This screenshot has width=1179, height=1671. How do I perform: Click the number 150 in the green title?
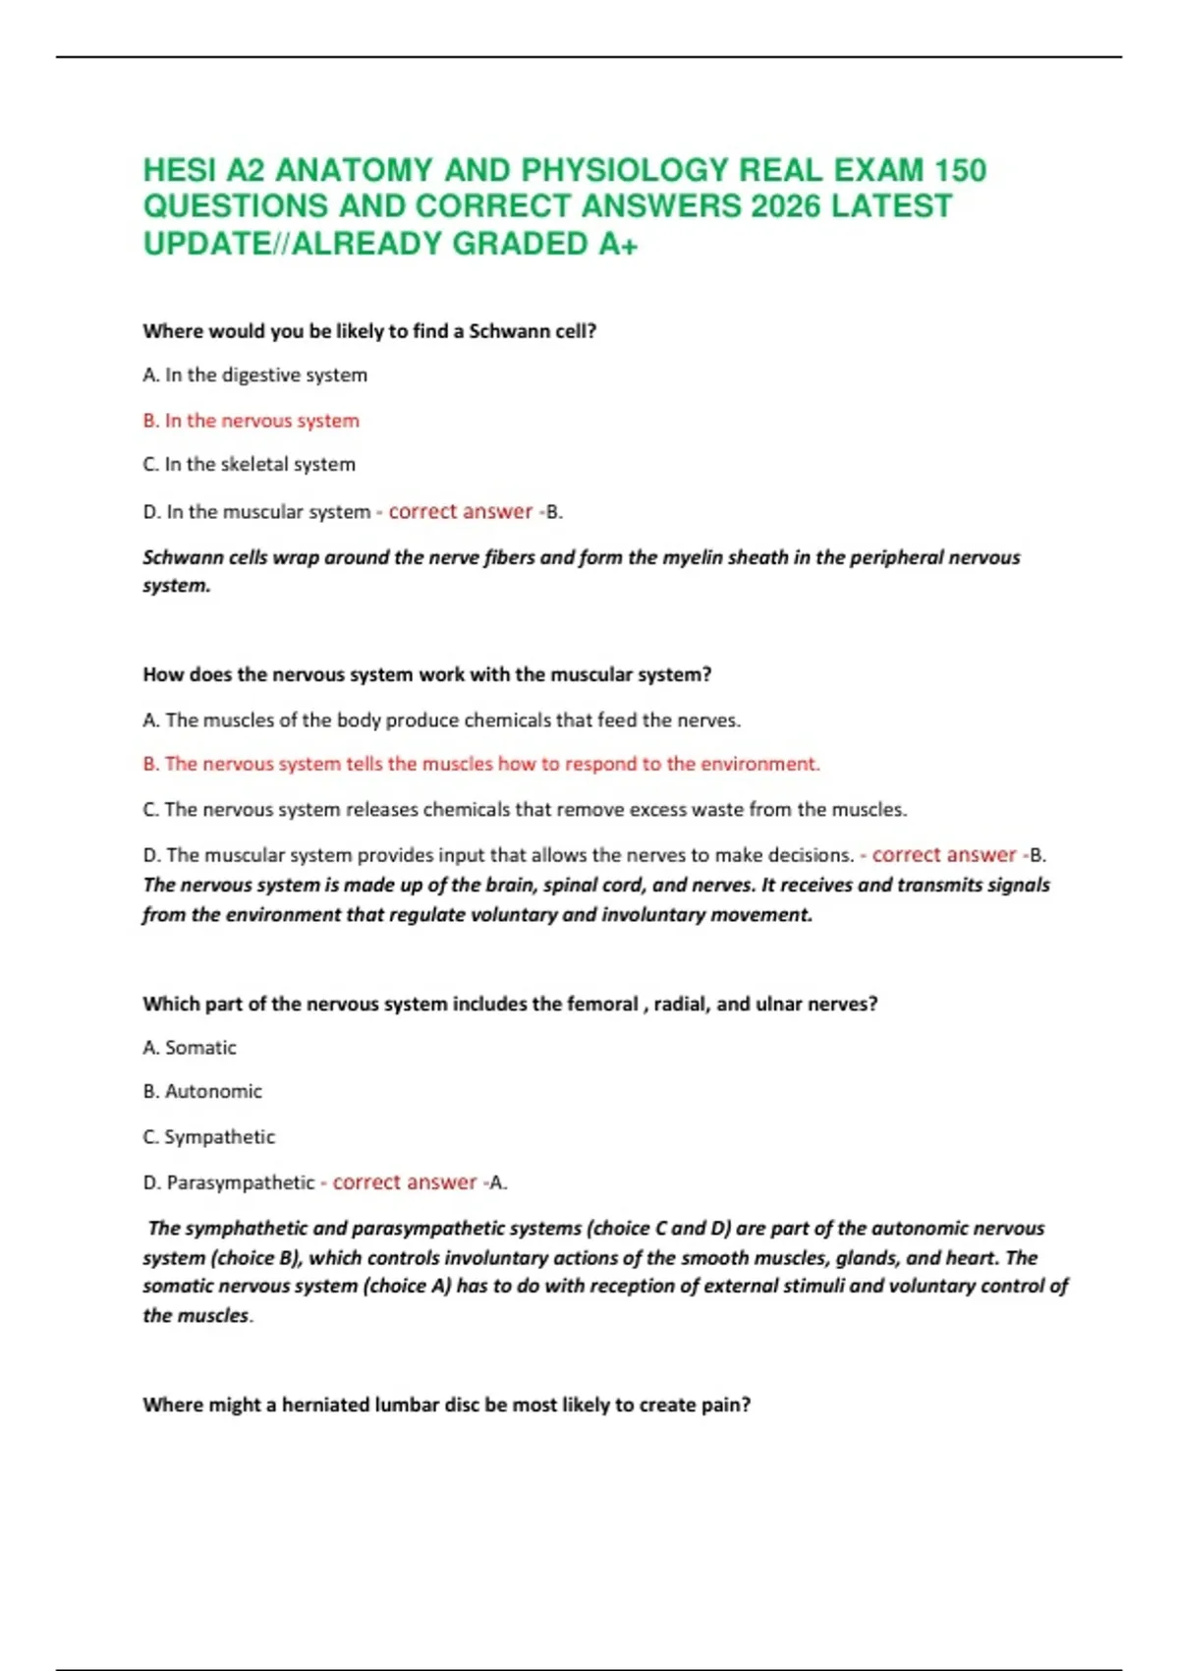coord(960,170)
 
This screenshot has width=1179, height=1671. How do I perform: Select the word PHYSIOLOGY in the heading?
coord(624,170)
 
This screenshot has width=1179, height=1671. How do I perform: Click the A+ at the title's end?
coord(617,243)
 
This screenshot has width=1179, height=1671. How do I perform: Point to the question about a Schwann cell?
coord(369,331)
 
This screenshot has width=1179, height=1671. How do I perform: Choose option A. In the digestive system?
coord(254,375)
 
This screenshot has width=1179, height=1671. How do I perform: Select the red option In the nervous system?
coord(251,421)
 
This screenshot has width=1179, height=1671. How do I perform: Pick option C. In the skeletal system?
coord(249,464)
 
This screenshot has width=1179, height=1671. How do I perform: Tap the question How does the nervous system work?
coord(426,674)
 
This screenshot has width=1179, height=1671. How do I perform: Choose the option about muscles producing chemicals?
coord(441,720)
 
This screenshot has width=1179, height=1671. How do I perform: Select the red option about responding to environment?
coord(480,764)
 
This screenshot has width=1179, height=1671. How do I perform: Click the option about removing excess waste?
coord(525,809)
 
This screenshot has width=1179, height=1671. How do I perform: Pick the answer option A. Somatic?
coord(190,1048)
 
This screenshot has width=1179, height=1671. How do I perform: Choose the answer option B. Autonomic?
coord(202,1091)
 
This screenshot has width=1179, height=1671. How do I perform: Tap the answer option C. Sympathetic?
coord(208,1136)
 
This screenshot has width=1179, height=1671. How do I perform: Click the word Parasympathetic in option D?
coord(241,1182)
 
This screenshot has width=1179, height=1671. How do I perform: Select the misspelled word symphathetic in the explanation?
coord(252,1228)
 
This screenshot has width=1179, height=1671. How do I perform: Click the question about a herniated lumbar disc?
coord(446,1405)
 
